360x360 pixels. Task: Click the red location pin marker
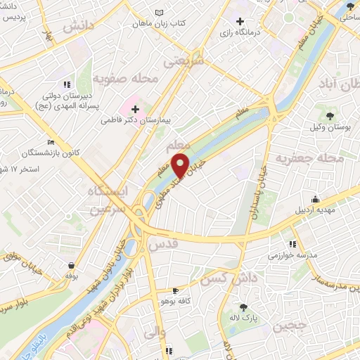click(181, 165)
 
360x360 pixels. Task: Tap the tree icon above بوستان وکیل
click(330, 114)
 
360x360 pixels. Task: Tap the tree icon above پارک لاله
click(243, 307)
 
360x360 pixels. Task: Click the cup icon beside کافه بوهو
click(176, 291)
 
